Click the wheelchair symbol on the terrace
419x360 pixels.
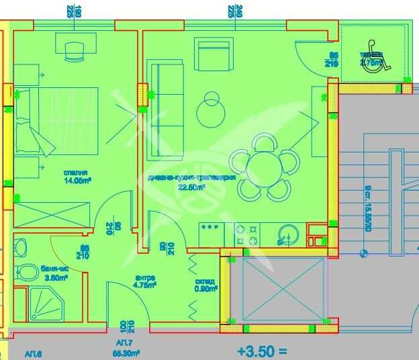[377, 62]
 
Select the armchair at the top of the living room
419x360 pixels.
[214, 53]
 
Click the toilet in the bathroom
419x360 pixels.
[28, 273]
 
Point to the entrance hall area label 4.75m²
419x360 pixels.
[145, 284]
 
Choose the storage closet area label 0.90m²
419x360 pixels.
[205, 289]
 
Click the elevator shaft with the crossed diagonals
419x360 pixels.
[279, 290]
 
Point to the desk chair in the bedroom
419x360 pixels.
[74, 50]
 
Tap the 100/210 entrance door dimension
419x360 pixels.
[126, 327]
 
